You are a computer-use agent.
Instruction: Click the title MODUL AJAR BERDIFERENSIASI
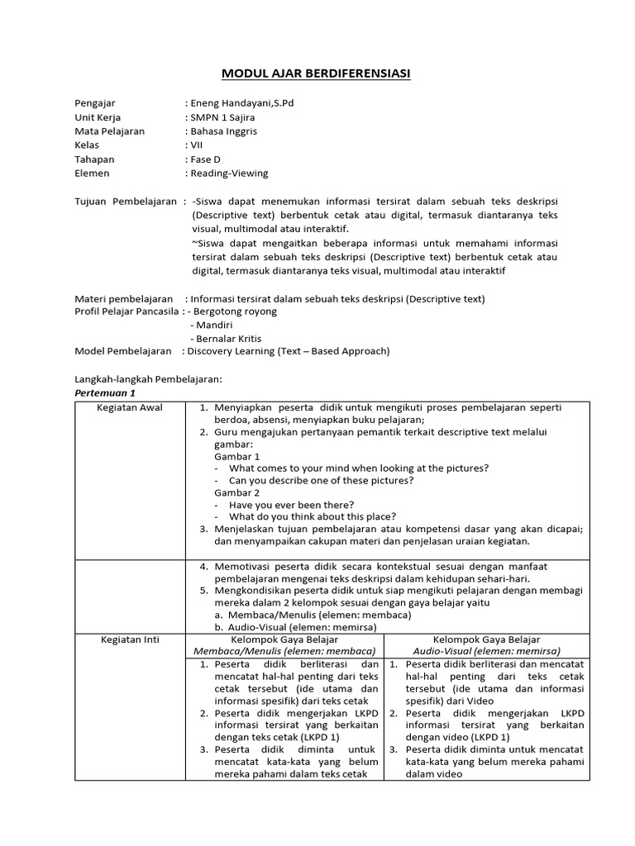click(316, 74)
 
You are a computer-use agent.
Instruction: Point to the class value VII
click(197, 145)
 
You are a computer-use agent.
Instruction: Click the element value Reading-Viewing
click(229, 173)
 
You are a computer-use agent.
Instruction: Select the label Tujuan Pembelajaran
click(126, 201)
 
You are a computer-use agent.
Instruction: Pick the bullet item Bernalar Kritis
click(230, 338)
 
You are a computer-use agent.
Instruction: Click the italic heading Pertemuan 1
click(105, 392)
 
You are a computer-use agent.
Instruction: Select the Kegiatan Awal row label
click(130, 408)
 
